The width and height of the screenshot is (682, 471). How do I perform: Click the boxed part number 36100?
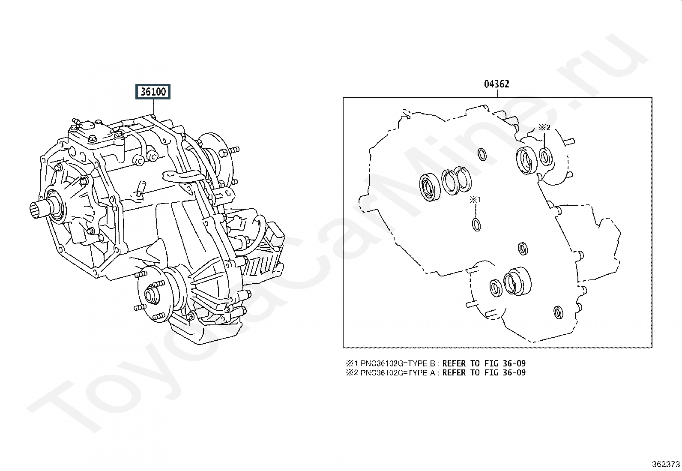[153, 92]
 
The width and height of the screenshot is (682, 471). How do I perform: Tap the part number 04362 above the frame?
[497, 84]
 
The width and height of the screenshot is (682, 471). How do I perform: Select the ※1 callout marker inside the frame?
[476, 199]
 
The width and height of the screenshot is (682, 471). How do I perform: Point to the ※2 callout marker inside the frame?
[544, 127]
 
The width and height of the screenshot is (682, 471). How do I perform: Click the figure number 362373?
[665, 464]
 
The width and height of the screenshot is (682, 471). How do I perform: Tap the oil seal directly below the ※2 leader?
[545, 156]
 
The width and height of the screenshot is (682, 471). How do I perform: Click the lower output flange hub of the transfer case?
[151, 295]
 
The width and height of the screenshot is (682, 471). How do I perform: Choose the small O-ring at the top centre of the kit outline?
[482, 154]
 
